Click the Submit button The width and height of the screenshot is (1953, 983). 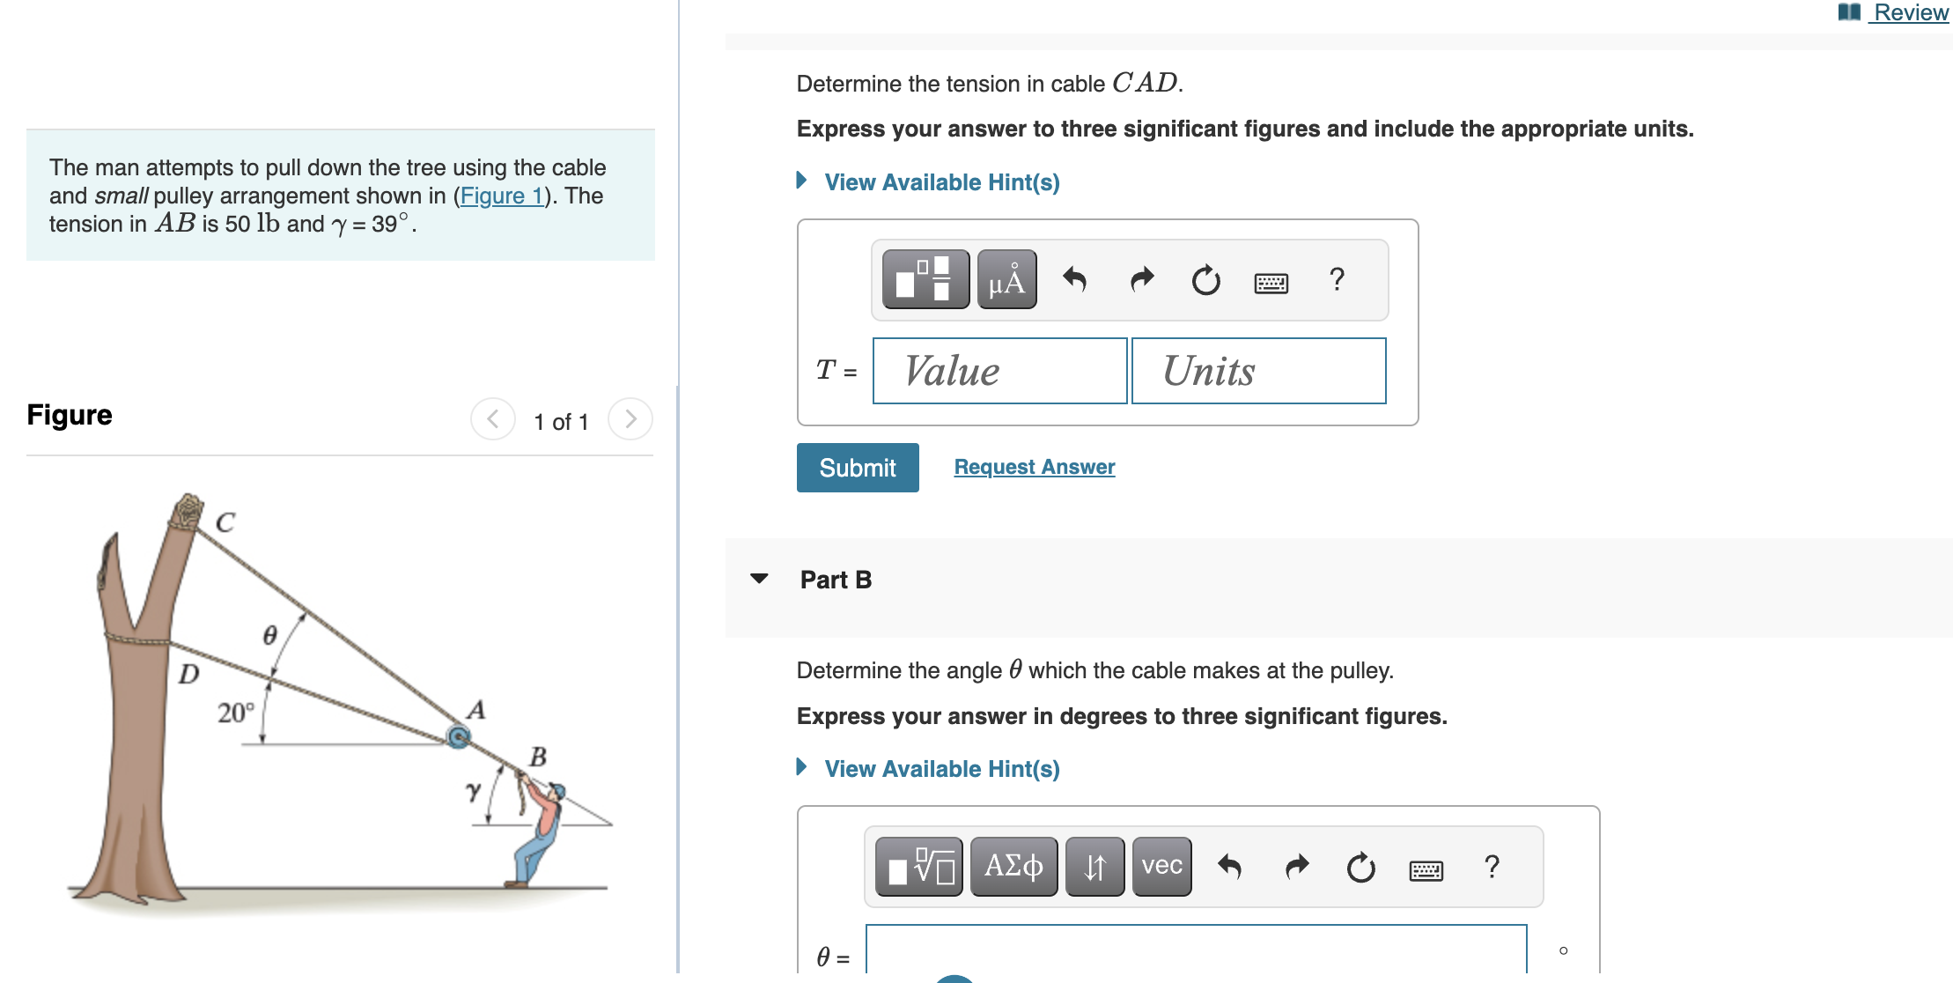click(857, 468)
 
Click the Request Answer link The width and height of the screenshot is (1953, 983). click(1034, 467)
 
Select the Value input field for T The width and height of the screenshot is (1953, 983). click(999, 371)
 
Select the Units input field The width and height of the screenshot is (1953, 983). click(1257, 371)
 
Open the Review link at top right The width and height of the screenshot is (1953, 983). click(1909, 12)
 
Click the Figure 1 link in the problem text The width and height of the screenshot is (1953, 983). click(501, 196)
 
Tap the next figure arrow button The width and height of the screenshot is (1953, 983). click(630, 419)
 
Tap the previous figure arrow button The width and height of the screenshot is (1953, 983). click(493, 419)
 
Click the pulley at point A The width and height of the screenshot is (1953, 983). click(458, 736)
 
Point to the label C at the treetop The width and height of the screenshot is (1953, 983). click(225, 522)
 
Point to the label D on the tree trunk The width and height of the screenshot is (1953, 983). click(188, 674)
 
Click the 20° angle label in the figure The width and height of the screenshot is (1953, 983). click(235, 712)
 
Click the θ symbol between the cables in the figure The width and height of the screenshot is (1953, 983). click(270, 635)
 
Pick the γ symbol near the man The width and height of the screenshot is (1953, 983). click(474, 790)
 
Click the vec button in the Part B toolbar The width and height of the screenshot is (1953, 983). click(1161, 867)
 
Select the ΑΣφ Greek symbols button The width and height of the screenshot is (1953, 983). click(1013, 867)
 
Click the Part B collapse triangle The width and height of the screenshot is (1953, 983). click(759, 579)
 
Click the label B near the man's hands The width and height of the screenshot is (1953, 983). click(538, 757)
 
